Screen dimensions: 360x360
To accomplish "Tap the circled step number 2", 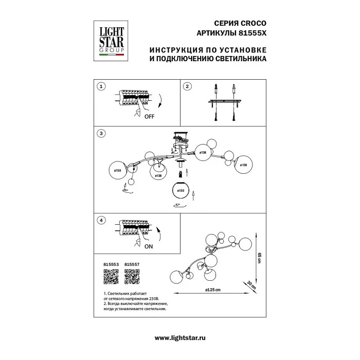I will pyautogui.click(x=188, y=86).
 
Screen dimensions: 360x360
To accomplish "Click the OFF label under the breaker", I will pyautogui.click(x=149, y=117).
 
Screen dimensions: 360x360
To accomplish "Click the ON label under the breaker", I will pyautogui.click(x=149, y=246).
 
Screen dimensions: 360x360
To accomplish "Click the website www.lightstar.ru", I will pyautogui.click(x=180, y=337).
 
